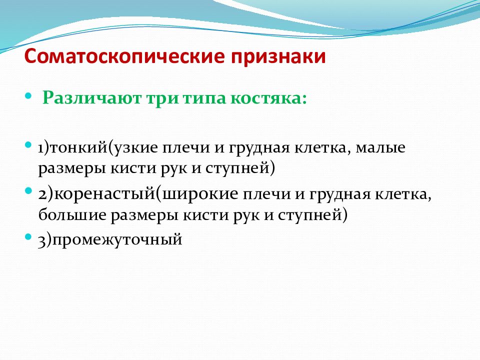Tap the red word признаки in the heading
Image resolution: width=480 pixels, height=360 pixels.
(278, 57)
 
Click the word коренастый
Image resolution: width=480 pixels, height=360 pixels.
(104, 194)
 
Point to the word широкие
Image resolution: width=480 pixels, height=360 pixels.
(200, 194)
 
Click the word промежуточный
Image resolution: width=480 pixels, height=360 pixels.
(117, 239)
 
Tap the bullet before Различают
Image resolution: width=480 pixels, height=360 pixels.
(28, 96)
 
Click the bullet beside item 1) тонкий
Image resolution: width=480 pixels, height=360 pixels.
(28, 144)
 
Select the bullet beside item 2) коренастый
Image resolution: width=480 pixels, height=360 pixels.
(28, 191)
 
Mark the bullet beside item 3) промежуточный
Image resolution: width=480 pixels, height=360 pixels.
(28, 236)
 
